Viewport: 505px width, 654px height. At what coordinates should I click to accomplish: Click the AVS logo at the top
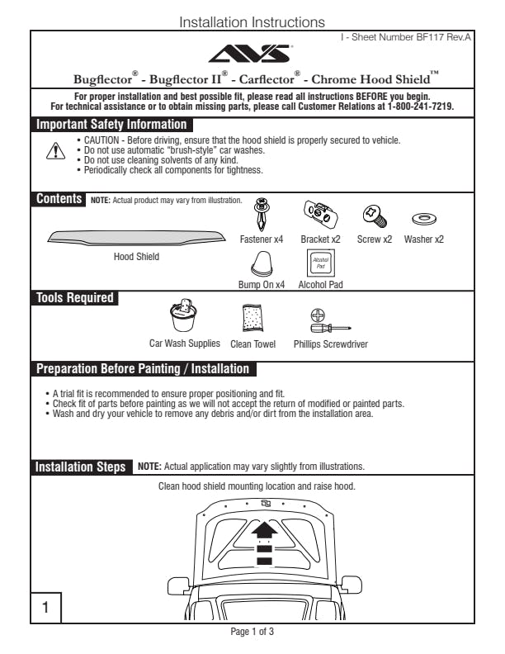click(252, 54)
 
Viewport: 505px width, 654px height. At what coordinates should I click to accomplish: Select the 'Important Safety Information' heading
click(111, 125)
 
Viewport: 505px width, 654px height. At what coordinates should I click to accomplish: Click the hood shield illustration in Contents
click(135, 237)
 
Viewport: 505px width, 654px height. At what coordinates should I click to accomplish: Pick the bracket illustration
click(320, 215)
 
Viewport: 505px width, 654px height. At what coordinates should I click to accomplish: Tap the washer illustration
click(423, 220)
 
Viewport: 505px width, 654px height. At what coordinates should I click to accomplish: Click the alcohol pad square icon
click(319, 263)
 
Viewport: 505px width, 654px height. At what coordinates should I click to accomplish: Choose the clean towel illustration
click(252, 320)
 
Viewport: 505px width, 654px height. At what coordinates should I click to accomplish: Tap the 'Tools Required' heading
click(76, 298)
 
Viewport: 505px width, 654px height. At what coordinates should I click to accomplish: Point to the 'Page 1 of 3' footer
click(252, 632)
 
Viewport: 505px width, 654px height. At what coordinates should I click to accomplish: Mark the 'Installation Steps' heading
click(81, 467)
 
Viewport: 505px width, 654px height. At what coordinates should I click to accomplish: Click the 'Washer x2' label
click(423, 239)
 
